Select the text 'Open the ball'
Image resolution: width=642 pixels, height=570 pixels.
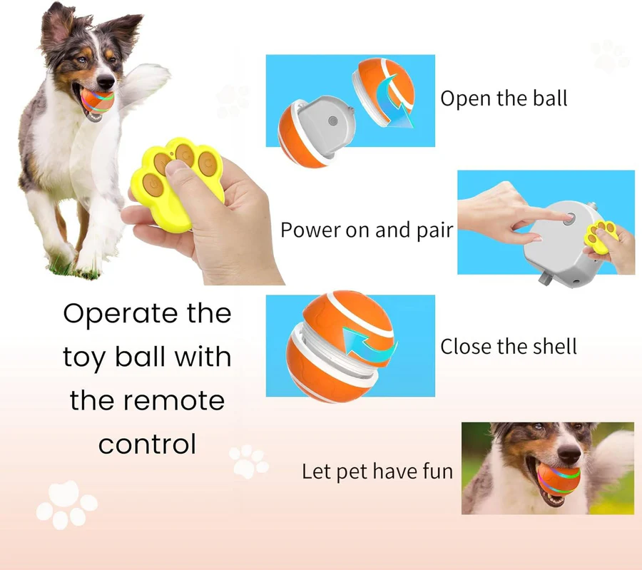(504, 98)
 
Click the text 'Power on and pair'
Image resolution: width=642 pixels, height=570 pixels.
(367, 230)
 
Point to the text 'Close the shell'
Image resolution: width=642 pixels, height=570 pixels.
(508, 347)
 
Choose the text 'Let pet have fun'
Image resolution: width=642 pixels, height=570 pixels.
(377, 472)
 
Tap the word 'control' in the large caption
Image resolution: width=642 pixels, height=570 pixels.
(147, 444)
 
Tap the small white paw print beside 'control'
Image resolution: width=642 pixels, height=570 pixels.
(248, 462)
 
